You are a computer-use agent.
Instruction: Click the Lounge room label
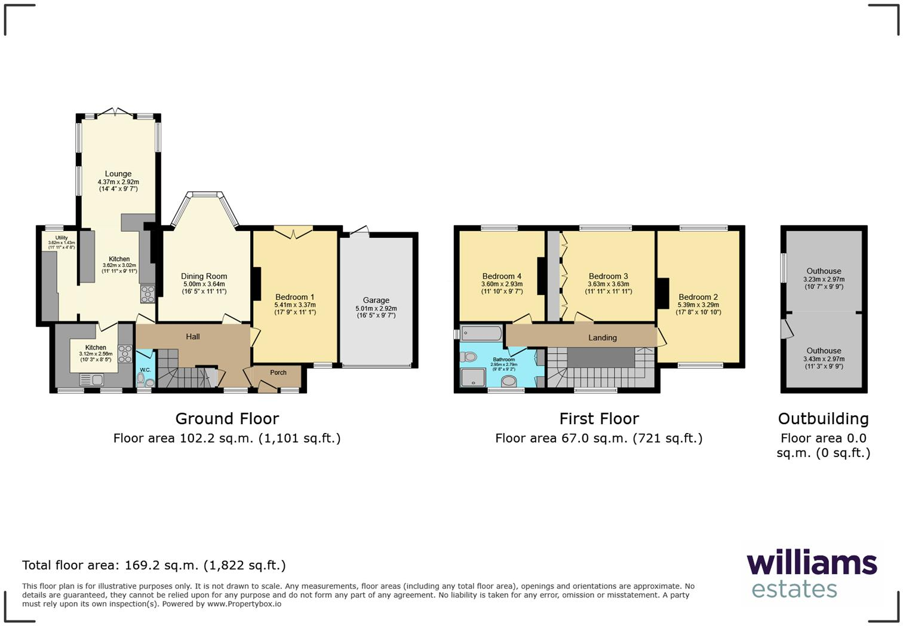click(118, 174)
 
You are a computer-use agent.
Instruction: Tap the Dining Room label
click(204, 277)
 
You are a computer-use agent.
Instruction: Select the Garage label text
click(376, 300)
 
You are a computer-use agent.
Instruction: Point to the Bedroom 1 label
click(295, 297)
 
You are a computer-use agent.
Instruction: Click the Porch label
click(278, 373)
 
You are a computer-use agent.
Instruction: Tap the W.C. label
click(145, 370)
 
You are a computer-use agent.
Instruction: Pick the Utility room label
click(62, 238)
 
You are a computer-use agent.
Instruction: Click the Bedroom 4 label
click(502, 277)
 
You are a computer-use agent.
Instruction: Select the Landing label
click(602, 338)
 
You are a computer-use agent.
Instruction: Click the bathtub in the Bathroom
click(481, 333)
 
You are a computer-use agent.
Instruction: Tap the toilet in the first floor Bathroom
click(469, 357)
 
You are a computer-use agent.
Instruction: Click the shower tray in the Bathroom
click(473, 378)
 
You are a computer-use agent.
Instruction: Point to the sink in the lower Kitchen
click(91, 379)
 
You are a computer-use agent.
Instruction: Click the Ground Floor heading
click(227, 419)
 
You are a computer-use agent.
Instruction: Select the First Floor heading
click(599, 419)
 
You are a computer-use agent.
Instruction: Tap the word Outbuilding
click(823, 419)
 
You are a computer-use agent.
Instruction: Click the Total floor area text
click(154, 565)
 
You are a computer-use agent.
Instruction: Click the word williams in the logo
click(812, 563)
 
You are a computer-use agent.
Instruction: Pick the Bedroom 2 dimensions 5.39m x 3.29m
click(698, 305)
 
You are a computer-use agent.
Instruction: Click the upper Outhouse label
click(824, 271)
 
